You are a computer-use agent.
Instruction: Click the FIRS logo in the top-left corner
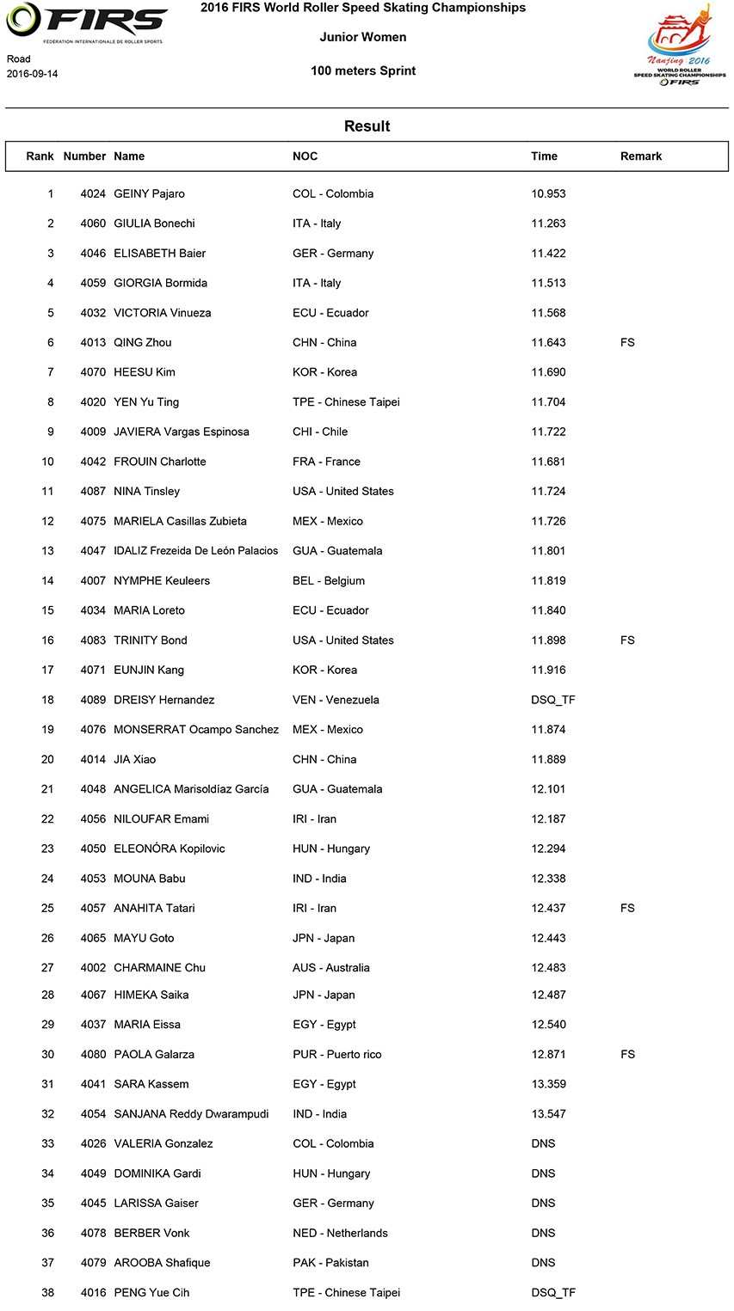click(86, 23)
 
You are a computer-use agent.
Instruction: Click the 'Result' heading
click(367, 126)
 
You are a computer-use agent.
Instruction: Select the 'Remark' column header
click(641, 156)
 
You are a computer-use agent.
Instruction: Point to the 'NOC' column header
click(305, 156)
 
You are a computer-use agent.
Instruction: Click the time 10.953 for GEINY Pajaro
click(548, 194)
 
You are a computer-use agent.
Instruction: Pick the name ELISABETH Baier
click(159, 254)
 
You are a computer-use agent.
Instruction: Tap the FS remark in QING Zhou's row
click(627, 343)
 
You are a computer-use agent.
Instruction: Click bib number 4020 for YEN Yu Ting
click(93, 402)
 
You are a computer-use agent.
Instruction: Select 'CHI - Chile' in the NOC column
click(320, 432)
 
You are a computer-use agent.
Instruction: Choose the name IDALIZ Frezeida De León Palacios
click(195, 551)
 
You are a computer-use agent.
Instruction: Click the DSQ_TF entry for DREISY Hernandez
click(553, 701)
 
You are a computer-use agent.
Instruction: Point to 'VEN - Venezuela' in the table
click(336, 701)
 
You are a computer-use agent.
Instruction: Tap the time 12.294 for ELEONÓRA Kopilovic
click(548, 849)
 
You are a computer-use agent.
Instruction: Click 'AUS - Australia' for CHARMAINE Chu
click(330, 968)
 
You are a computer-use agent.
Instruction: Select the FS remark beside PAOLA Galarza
click(627, 1055)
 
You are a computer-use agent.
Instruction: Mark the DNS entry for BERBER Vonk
click(543, 1234)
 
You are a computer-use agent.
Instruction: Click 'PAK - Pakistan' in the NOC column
click(330, 1264)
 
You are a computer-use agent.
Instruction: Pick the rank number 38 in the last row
click(47, 1293)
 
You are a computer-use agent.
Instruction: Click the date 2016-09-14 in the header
click(32, 74)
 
